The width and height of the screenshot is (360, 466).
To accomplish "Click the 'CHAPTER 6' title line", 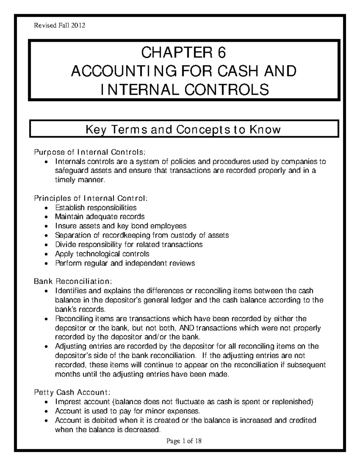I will click(184, 53).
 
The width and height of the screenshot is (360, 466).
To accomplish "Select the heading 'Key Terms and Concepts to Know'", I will click(183, 130).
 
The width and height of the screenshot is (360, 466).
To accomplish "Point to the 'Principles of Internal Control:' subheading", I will click(91, 198).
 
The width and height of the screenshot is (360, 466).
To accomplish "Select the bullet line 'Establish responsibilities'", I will click(96, 207).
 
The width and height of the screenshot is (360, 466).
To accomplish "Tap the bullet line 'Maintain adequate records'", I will click(100, 217).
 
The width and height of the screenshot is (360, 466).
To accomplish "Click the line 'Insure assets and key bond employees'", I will click(121, 226).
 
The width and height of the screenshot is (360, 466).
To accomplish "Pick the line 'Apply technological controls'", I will click(102, 254).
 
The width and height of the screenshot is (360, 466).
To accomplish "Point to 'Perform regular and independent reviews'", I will click(125, 263).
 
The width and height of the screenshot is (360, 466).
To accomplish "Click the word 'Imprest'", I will click(67, 402).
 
